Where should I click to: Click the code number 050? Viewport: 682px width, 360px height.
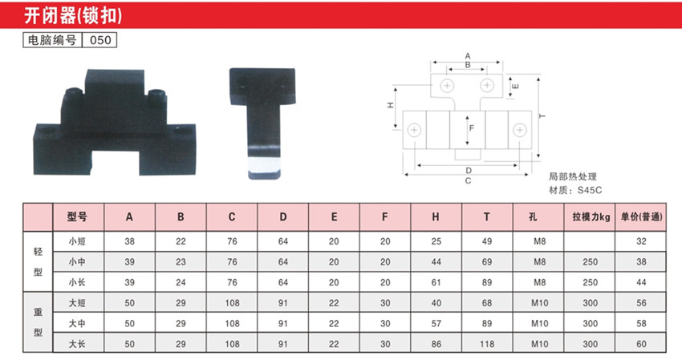100,40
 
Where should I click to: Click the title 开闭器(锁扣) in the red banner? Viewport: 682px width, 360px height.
73,16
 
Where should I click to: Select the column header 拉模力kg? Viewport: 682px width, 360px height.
591,216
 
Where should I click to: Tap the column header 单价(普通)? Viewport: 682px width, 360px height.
641,216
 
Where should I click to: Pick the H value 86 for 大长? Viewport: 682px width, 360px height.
436,344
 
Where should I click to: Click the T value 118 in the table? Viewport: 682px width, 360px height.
487,344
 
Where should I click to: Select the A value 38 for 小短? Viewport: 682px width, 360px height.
130,241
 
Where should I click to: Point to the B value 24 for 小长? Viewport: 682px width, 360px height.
181,282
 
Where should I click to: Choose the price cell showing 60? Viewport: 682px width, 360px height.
641,344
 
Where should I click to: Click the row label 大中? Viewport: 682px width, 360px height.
77,323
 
